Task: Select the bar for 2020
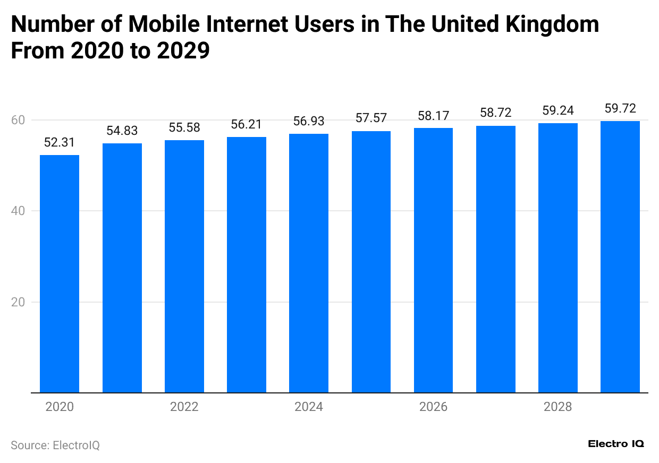click(x=60, y=273)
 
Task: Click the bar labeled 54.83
click(x=122, y=268)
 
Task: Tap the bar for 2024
click(x=309, y=263)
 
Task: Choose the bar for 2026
click(x=433, y=260)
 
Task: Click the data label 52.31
click(x=60, y=142)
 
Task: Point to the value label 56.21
click(x=246, y=124)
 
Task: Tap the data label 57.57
click(x=371, y=118)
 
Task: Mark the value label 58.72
click(x=495, y=113)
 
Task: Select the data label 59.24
click(x=557, y=110)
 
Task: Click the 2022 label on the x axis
click(x=184, y=407)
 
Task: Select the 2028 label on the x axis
click(x=557, y=407)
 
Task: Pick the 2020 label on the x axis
click(x=60, y=407)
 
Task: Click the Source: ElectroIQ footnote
click(x=55, y=445)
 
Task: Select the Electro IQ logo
click(x=616, y=444)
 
